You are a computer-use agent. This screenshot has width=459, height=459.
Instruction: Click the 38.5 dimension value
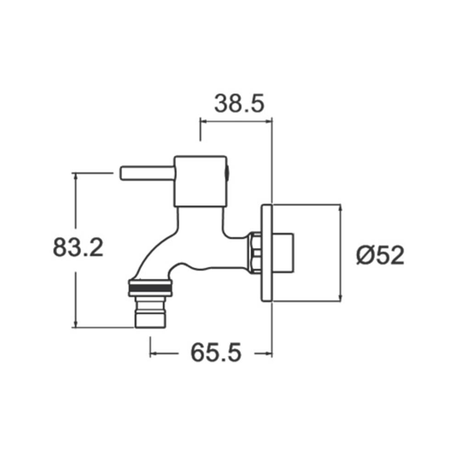pos(239,104)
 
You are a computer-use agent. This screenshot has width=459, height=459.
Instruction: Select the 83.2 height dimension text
pos(78,248)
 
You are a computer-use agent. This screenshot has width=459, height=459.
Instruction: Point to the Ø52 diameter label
pos(381,255)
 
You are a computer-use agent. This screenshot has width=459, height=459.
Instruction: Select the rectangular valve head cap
pos(201,181)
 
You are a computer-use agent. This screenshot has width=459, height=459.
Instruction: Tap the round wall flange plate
pos(267,253)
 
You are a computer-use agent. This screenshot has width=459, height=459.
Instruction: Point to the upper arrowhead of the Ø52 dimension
pos(340,208)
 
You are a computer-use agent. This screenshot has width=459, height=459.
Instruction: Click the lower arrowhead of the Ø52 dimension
pos(340,298)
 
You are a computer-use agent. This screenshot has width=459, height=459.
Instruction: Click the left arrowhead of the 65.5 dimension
pos(154,353)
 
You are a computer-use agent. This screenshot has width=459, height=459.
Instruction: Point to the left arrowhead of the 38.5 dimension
pos(203,122)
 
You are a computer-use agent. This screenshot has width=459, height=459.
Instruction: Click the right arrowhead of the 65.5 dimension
pos(269,353)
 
